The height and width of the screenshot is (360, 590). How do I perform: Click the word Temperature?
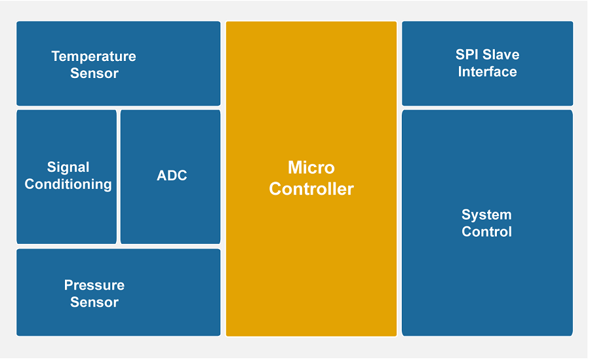click(x=94, y=56)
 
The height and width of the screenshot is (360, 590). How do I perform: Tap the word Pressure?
click(x=94, y=285)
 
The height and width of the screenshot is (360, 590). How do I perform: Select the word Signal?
click(x=68, y=167)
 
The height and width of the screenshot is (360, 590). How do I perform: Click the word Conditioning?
click(x=68, y=184)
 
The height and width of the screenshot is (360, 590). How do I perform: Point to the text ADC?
click(x=172, y=176)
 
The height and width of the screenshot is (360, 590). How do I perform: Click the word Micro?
click(x=311, y=167)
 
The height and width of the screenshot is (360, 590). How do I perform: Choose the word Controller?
click(x=311, y=189)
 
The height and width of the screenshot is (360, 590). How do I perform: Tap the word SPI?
click(x=467, y=54)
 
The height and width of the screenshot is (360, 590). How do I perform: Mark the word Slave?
click(x=501, y=54)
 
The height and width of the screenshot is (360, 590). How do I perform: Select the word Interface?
click(x=487, y=71)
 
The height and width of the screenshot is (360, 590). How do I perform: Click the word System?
click(x=486, y=214)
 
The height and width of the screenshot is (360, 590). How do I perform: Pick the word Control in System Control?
click(x=486, y=231)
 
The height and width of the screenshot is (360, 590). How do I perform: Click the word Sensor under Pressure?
click(x=94, y=302)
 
